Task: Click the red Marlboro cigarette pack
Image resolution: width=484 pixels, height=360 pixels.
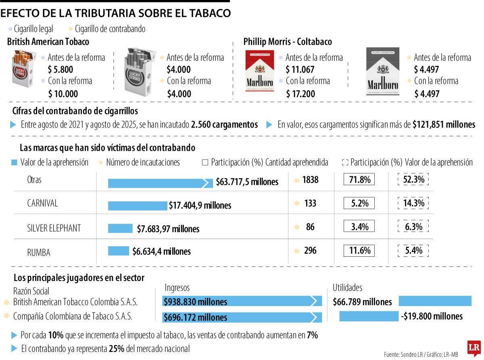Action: point(259,71)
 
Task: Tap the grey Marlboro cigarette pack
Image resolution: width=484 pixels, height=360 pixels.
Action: point(382,71)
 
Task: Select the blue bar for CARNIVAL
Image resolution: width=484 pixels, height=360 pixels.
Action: point(137,205)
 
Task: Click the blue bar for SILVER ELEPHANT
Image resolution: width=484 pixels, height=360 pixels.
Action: point(120,229)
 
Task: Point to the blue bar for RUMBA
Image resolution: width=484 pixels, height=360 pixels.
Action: point(119,251)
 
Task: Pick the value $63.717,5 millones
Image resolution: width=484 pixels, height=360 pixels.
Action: point(247,182)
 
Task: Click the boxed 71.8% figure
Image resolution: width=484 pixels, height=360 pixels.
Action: point(359,180)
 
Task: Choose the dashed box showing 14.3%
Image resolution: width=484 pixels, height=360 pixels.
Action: point(413,203)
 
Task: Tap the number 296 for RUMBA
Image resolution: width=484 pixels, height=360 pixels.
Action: point(310,251)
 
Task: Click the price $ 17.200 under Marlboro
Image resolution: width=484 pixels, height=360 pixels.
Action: point(300,94)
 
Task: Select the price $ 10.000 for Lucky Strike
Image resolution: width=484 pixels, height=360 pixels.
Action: point(63,94)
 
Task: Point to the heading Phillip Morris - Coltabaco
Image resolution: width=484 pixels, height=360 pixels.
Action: point(288,42)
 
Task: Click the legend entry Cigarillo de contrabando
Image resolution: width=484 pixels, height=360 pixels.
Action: point(110,29)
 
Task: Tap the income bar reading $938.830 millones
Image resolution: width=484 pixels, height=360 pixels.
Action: point(242,302)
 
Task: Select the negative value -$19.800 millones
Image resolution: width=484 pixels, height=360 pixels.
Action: point(432,316)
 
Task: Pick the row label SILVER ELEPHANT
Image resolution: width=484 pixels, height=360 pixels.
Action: point(54,228)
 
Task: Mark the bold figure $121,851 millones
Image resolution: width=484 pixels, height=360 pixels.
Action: point(444,125)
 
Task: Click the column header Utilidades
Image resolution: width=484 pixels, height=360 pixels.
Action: point(347,287)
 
